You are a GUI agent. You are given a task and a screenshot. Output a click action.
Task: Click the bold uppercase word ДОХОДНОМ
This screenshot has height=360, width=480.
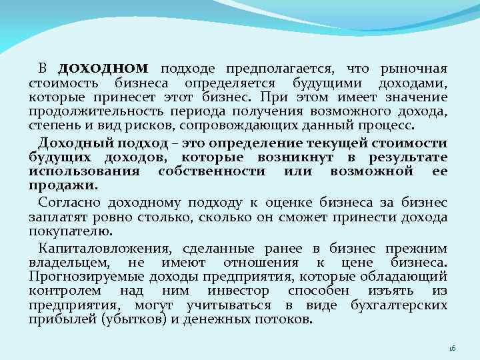[x=103, y=69]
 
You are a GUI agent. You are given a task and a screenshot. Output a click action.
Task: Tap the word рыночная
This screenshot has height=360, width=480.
[x=413, y=69]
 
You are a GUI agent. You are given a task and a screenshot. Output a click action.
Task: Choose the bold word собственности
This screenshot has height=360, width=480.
[x=212, y=171]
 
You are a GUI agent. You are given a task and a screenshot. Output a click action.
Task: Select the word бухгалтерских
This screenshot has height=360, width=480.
[x=399, y=305]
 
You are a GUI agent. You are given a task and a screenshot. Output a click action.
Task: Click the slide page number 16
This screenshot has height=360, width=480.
[x=451, y=348]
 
